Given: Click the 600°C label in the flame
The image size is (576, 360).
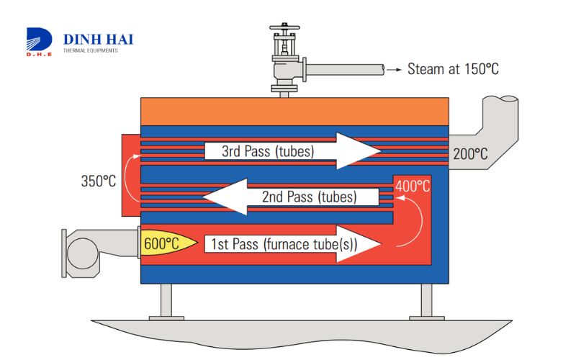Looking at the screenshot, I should pyautogui.click(x=162, y=243).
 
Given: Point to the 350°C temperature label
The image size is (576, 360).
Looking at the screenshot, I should pyautogui.click(x=98, y=181).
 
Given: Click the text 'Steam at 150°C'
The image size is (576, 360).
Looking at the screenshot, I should pyautogui.click(x=453, y=69).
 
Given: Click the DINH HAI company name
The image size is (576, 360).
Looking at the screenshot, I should pyautogui.click(x=99, y=39).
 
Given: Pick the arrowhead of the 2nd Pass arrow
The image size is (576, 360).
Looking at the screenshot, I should pyautogui.click(x=223, y=197).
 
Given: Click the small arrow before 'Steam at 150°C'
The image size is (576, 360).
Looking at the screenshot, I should pyautogui.click(x=393, y=70).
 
